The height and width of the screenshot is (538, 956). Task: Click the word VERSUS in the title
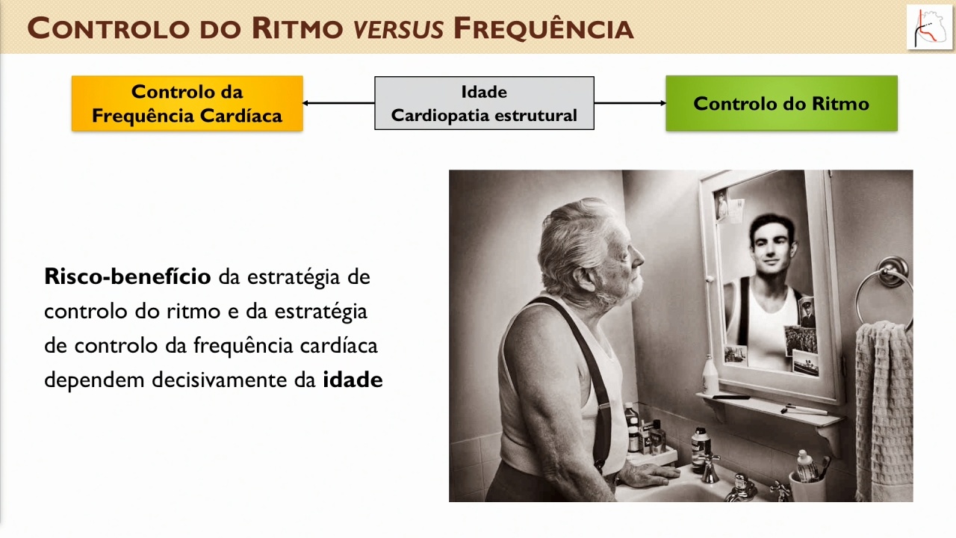click(x=399, y=29)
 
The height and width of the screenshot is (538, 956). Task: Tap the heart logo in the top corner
click(x=929, y=28)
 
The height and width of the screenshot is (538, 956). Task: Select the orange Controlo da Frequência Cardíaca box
click(x=187, y=103)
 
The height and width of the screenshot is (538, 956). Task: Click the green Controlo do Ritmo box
click(x=781, y=103)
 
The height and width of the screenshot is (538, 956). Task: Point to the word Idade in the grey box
click(x=484, y=92)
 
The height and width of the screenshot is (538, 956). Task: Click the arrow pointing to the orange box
click(x=338, y=103)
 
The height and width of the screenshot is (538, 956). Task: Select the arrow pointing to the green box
click(x=630, y=103)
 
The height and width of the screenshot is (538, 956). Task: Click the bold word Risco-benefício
click(x=128, y=276)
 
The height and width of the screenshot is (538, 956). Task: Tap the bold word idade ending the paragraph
click(x=353, y=380)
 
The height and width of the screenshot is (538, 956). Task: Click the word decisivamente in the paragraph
click(x=220, y=380)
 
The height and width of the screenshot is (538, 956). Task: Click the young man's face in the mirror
click(x=772, y=250)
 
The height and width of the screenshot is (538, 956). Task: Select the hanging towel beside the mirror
click(x=884, y=410)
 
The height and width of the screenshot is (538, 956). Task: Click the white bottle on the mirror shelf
click(x=710, y=375)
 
